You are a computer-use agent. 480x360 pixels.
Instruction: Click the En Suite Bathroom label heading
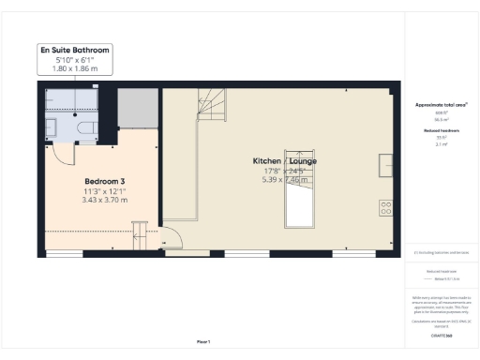click(x=75, y=49)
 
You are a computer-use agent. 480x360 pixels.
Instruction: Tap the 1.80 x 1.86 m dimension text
click(x=75, y=68)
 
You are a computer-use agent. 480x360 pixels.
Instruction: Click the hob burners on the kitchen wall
click(x=384, y=207)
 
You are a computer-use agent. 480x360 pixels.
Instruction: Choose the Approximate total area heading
click(x=440, y=105)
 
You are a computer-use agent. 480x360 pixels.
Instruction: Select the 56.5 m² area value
click(x=440, y=120)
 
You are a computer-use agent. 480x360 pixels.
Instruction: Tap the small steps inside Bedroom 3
click(x=141, y=230)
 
